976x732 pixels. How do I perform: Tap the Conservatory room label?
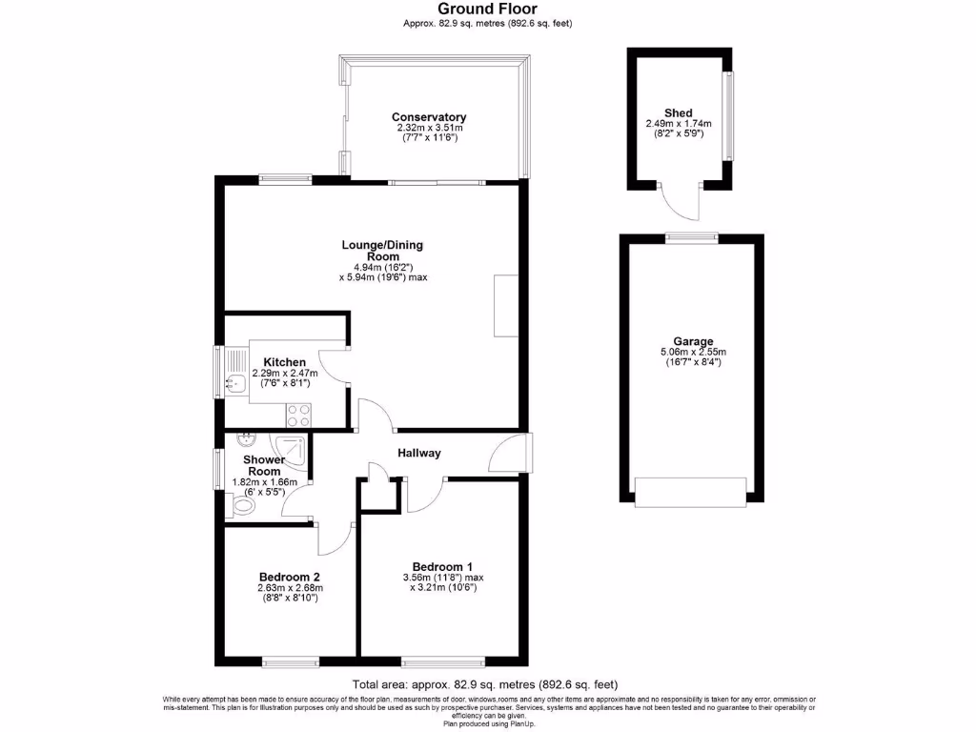click(429, 117)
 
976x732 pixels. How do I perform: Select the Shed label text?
click(679, 112)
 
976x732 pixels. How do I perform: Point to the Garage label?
click(692, 341)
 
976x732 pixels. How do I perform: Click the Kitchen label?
click(285, 362)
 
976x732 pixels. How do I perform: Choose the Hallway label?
click(419, 453)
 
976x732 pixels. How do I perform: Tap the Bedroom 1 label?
click(442, 565)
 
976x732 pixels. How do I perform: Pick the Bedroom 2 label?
click(289, 577)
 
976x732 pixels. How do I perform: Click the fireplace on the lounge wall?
click(506, 305)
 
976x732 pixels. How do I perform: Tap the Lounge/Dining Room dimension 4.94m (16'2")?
click(381, 267)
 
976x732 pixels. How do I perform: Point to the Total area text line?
click(485, 684)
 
